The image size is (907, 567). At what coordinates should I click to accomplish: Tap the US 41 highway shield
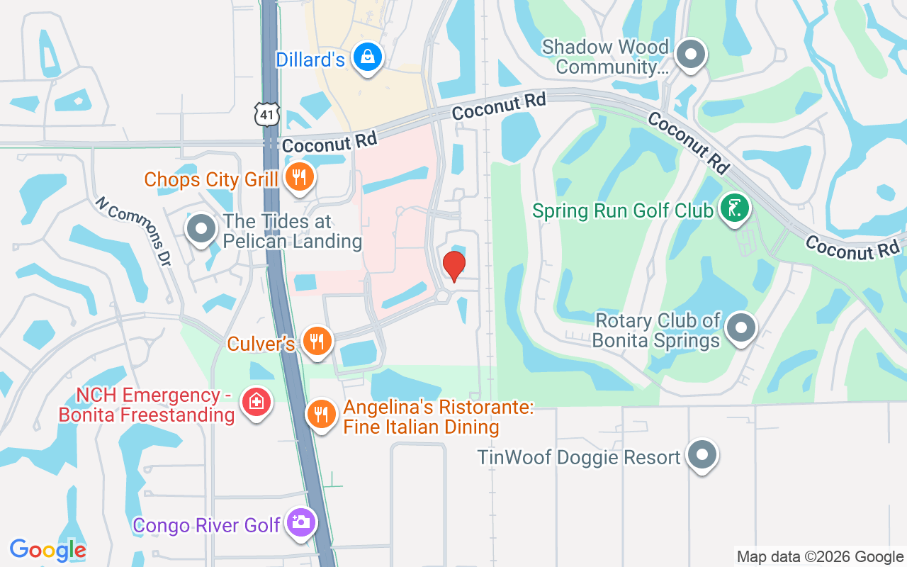coord(269,114)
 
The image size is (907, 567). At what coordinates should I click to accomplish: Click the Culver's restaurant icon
coord(317,342)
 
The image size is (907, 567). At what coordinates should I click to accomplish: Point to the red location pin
coord(453,266)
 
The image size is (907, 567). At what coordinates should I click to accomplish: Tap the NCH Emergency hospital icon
coord(256,403)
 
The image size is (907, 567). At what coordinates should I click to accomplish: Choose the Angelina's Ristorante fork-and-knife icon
coord(322,414)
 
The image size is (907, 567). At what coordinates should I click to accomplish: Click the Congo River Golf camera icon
coord(301,523)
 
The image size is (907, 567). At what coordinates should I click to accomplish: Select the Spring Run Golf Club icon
coord(734,208)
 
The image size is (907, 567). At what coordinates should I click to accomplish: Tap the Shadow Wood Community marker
coord(689,55)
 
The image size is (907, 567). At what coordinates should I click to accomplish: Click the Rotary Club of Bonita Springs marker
coord(741,327)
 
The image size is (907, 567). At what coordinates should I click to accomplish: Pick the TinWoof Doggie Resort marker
coord(702,455)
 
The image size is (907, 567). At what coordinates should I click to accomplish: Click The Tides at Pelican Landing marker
coord(201,229)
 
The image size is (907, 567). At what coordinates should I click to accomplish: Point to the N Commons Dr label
coord(134,231)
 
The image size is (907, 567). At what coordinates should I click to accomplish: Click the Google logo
coord(47,550)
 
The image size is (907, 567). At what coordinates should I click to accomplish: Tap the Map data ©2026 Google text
coord(820,557)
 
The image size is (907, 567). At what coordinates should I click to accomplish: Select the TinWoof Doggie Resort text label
coord(579,457)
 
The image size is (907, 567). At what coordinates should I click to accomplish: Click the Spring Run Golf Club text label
coord(623,211)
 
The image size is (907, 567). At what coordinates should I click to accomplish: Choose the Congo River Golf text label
coord(207,526)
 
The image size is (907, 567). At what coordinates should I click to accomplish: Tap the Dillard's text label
coord(310,60)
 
